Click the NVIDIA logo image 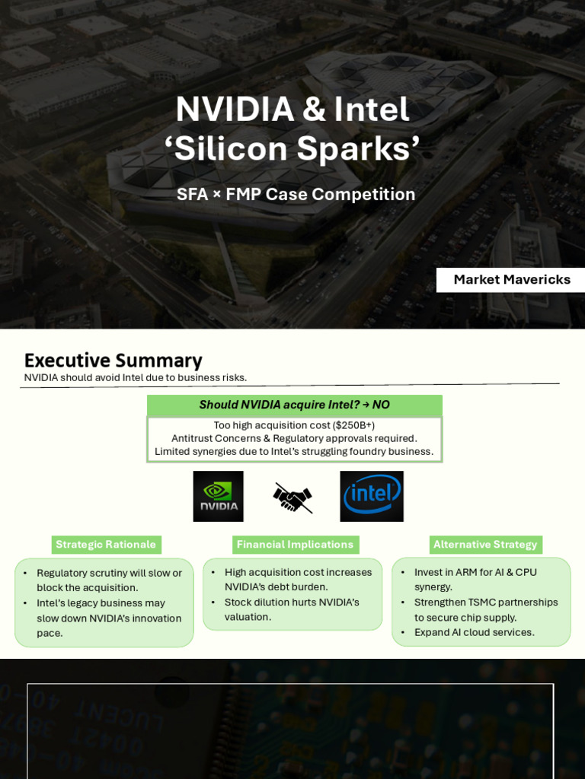pyautogui.click(x=218, y=496)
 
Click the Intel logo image pyautogui.click(x=372, y=496)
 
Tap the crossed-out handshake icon pyautogui.click(x=292, y=498)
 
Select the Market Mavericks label pyautogui.click(x=511, y=280)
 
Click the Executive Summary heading pyautogui.click(x=113, y=360)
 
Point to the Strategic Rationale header pyautogui.click(x=106, y=545)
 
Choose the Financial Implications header pyautogui.click(x=295, y=545)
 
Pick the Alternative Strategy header pyautogui.click(x=485, y=545)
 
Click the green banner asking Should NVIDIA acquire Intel pyautogui.click(x=295, y=405)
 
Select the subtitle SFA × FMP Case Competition pyautogui.click(x=296, y=194)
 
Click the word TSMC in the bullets pyautogui.click(x=480, y=603)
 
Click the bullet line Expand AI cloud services pyautogui.click(x=474, y=632)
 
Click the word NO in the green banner pyautogui.click(x=381, y=405)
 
